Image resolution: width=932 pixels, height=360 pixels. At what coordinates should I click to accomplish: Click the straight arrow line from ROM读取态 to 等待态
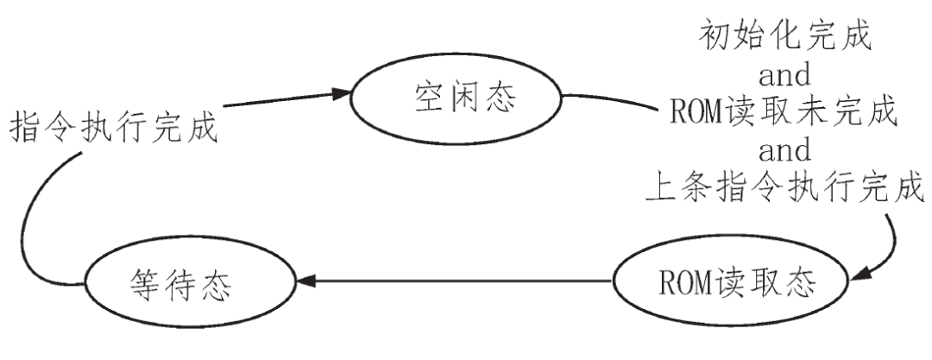(x=457, y=281)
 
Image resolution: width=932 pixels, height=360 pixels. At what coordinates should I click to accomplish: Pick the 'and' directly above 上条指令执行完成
(x=784, y=148)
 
